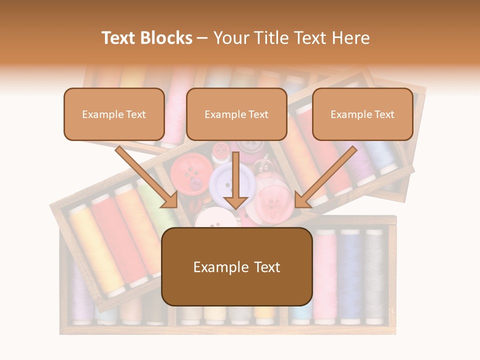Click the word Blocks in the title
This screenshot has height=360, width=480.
(x=166, y=38)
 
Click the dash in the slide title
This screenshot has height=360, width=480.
(x=202, y=38)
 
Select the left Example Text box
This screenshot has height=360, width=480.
(x=114, y=114)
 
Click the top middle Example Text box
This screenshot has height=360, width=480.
(x=236, y=114)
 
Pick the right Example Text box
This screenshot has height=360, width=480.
(x=362, y=114)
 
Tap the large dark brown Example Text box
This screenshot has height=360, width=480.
(x=236, y=266)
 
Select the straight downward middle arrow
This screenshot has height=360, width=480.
(x=235, y=182)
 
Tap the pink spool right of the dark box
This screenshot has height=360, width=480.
(x=325, y=275)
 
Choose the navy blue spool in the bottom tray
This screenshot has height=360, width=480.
(x=350, y=275)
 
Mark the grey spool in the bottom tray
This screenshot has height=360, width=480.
(x=374, y=275)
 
